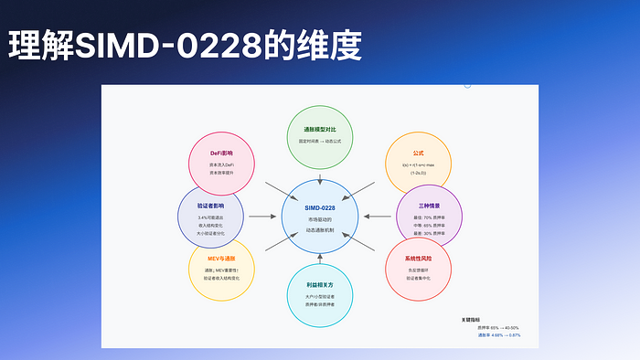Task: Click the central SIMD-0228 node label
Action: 320,208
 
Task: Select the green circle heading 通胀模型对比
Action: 320,130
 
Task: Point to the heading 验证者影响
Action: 211,206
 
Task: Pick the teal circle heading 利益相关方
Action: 320,285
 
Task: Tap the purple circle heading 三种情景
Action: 428,205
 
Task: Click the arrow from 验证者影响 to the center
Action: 261,217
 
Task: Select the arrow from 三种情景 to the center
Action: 377,217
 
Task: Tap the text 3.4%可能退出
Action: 211,218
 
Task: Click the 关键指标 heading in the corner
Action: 470,320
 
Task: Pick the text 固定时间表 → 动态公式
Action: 320,143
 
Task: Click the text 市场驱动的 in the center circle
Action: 320,221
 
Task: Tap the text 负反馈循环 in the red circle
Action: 418,270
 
